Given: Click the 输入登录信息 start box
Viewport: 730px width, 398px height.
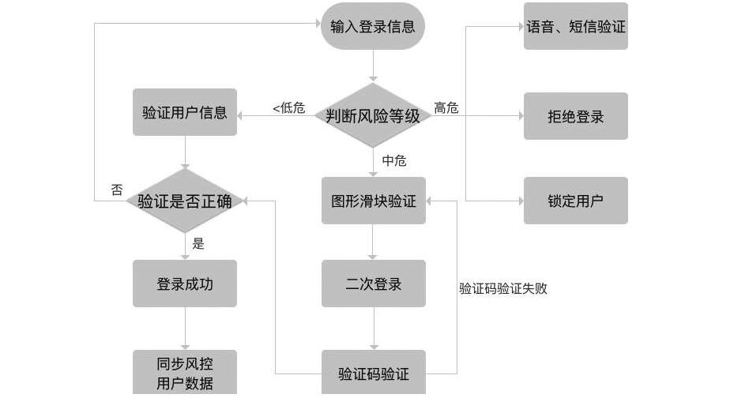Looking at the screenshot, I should coord(373,26).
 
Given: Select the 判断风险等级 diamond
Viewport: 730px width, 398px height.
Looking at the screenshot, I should coord(373,115).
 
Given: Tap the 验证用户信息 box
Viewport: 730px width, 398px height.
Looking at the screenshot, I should coord(185,112).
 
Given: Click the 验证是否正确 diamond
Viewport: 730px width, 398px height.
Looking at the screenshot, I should coord(185,201).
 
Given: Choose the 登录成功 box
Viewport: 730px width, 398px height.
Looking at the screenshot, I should coord(185,283).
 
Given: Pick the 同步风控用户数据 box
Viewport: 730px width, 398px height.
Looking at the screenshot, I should coord(185,374).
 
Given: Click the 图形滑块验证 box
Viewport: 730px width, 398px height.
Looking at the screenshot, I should coord(373,201).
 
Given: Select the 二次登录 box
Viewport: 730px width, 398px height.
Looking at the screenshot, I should coord(373,283).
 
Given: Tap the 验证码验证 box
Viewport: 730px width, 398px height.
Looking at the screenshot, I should coord(373,374).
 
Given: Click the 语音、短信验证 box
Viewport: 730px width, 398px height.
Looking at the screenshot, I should coord(575,26).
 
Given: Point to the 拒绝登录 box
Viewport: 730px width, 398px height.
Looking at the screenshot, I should coord(575,116).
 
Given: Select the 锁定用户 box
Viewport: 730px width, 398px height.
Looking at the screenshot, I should coord(575,201).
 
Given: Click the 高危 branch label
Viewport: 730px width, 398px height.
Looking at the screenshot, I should coord(446,108).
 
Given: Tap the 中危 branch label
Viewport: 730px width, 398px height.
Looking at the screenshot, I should coord(393,160).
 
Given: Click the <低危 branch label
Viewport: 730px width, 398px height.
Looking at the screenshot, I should coord(288,108).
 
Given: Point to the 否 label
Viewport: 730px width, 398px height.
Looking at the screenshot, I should coord(116,190).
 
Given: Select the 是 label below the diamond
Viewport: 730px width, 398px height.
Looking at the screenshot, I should coord(198,243).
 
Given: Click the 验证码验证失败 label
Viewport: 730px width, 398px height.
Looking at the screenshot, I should coord(503,288).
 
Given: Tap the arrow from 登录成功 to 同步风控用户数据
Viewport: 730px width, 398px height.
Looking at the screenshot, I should coord(185,328).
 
